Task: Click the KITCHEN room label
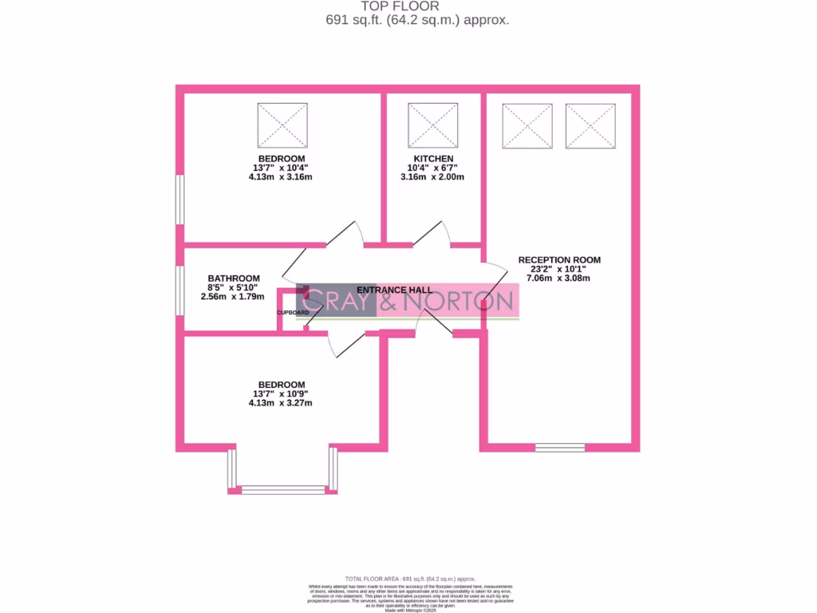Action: click(433, 159)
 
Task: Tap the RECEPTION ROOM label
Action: click(559, 260)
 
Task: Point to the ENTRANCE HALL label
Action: click(394, 290)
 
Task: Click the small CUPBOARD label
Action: click(293, 312)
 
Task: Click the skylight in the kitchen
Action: click(433, 125)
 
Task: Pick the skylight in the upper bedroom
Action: click(282, 125)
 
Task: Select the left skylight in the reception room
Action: click(527, 125)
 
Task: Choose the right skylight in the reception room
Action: click(590, 125)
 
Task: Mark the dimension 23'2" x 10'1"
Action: click(559, 269)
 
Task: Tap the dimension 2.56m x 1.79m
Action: click(232, 296)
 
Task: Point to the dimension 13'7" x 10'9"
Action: click(280, 394)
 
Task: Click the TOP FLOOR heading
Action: click(411, 6)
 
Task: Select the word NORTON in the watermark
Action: click(458, 302)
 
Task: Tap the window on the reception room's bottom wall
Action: click(559, 447)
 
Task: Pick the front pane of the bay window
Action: click(282, 489)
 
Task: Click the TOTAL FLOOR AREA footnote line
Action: click(410, 578)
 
